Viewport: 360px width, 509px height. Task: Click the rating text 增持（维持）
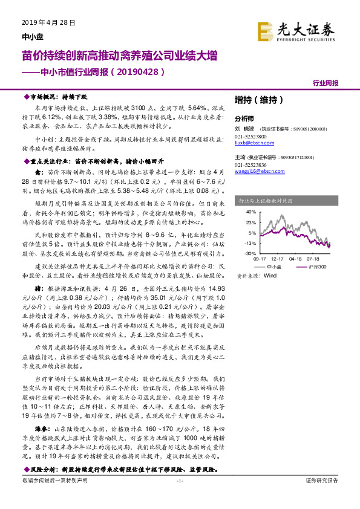tap(255, 99)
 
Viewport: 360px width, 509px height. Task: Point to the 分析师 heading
tap(244, 118)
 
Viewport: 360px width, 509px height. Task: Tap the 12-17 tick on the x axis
tap(279, 258)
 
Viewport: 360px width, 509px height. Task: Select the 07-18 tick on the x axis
tap(313, 258)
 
